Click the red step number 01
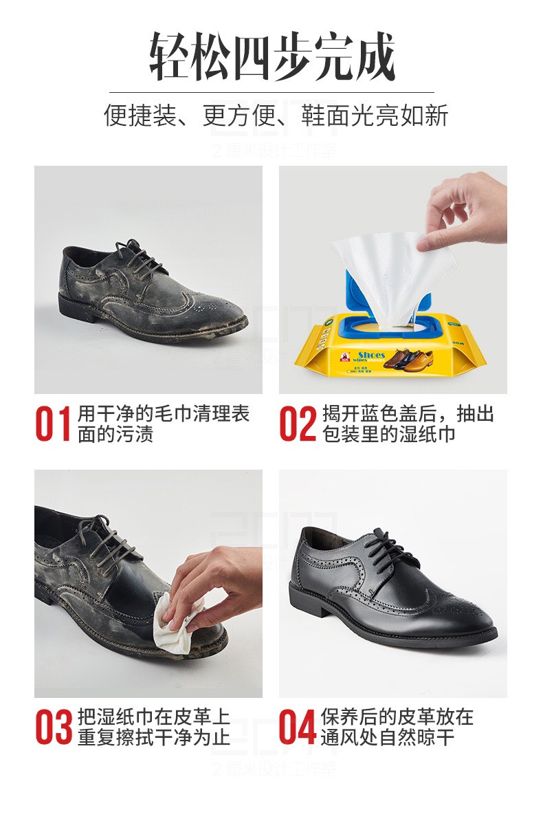(53, 424)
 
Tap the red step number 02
(297, 424)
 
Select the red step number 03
(53, 727)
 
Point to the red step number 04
(297, 727)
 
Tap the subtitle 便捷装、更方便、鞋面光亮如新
(276, 115)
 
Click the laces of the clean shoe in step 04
(388, 547)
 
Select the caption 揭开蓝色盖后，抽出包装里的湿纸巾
(408, 424)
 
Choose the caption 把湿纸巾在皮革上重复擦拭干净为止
(153, 727)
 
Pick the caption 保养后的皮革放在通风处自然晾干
(397, 727)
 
